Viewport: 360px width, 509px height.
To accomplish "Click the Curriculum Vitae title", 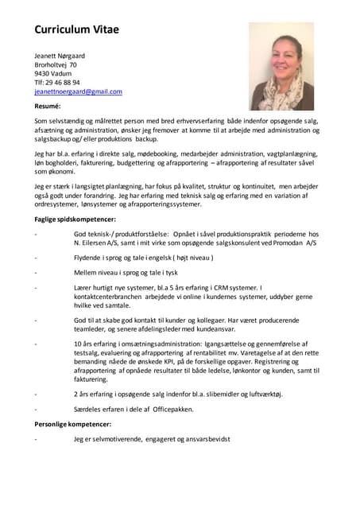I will [x=76, y=29].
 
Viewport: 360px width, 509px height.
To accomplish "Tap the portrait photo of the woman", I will [x=281, y=65].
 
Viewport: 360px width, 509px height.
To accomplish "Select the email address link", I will [x=78, y=91].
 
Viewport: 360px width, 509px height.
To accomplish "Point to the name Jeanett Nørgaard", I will [x=59, y=56].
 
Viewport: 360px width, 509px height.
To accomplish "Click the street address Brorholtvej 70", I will [x=56, y=64].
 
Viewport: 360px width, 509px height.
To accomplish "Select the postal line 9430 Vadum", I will [x=52, y=74].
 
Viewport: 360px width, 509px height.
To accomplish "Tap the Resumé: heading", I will [x=48, y=105].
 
